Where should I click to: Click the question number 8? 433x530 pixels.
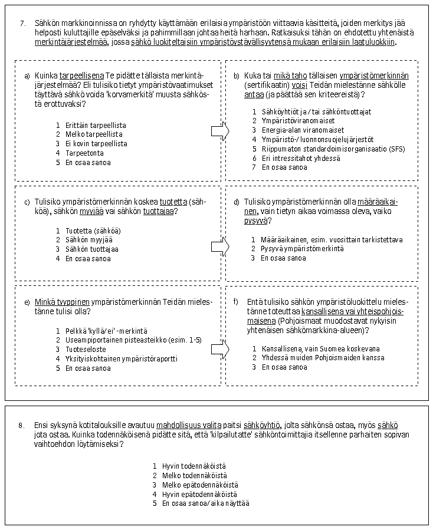pos(22,425)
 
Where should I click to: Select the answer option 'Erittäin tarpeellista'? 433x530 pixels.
pos(94,126)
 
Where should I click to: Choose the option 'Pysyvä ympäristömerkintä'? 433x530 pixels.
pos(302,249)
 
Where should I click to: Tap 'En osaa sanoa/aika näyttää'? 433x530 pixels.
pos(204,503)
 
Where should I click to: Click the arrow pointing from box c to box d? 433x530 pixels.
pos(219,246)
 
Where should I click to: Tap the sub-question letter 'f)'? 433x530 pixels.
pos(236,302)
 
